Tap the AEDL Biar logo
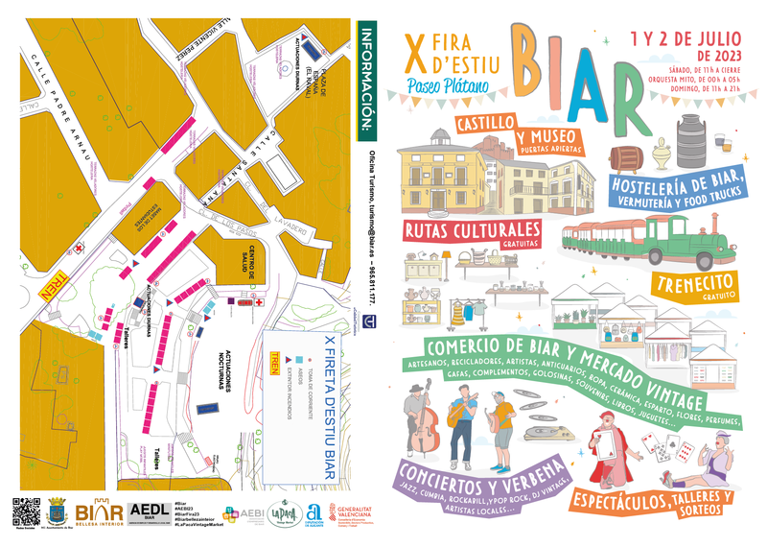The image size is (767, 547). [149, 512]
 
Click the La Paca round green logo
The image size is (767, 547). [280, 513]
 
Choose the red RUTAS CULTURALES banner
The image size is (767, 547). [474, 233]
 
